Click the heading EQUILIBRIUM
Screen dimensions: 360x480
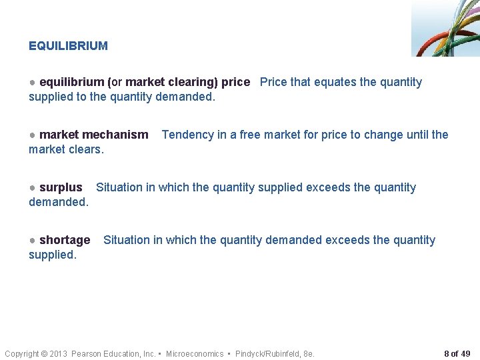point(68,46)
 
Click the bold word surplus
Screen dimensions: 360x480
point(61,187)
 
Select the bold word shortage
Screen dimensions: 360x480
point(65,240)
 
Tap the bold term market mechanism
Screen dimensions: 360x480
point(93,135)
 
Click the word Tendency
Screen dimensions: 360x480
point(187,135)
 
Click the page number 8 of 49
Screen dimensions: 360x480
point(457,353)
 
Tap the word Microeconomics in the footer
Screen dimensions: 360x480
point(195,353)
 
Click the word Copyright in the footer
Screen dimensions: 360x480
point(22,353)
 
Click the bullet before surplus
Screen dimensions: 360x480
point(33,187)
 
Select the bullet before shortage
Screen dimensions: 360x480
point(33,240)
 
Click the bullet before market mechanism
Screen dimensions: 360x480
point(33,135)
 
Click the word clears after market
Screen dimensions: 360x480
point(86,149)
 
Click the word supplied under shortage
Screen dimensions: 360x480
point(53,255)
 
